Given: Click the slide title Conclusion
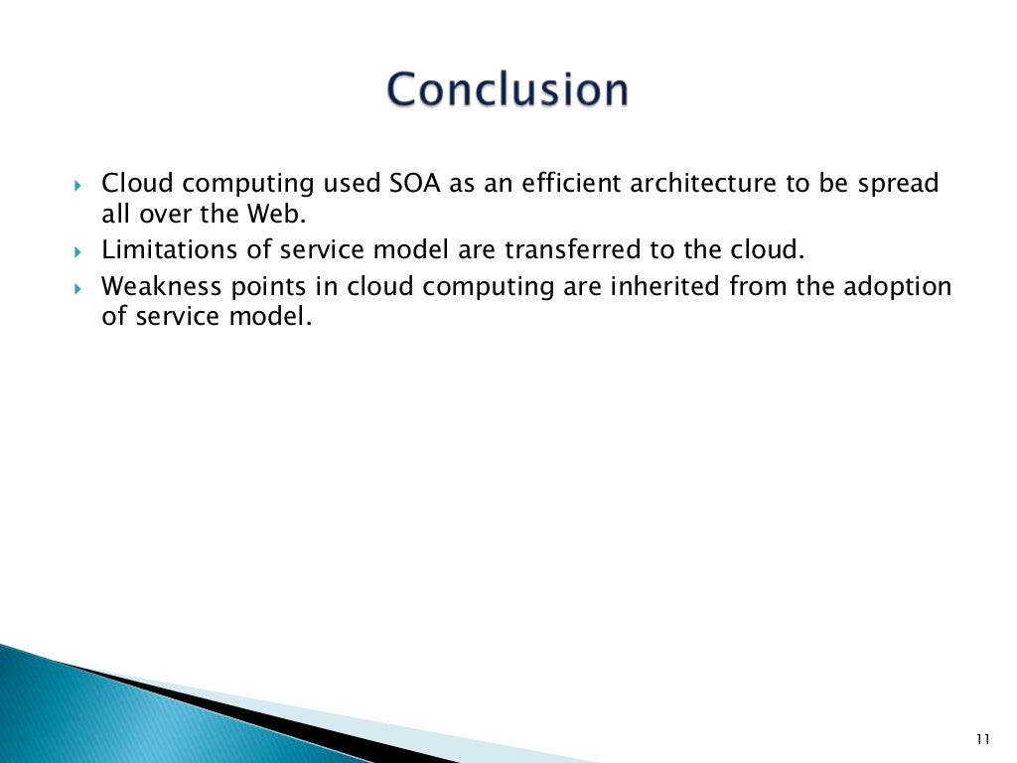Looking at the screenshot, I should click(x=508, y=89).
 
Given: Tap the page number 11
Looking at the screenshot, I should click(x=983, y=738).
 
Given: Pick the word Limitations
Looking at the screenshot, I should click(x=170, y=249).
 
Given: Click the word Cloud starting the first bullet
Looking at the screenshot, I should click(x=138, y=185).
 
